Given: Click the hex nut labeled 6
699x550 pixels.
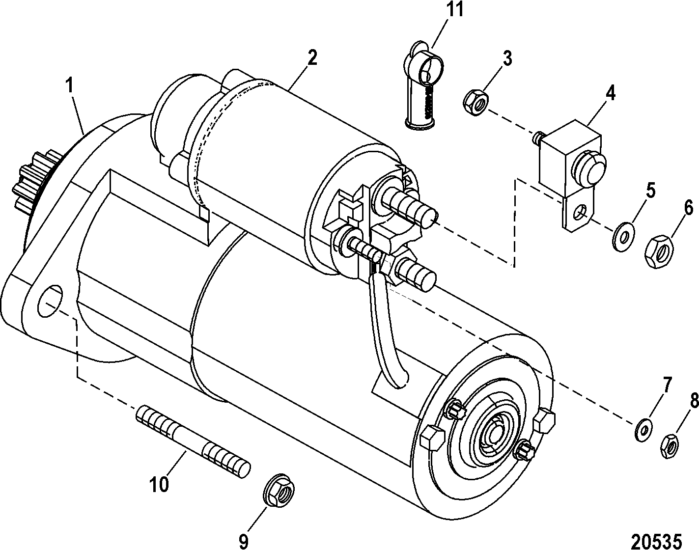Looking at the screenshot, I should pyautogui.click(x=659, y=252).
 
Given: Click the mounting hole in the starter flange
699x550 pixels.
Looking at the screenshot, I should pyautogui.click(x=51, y=300).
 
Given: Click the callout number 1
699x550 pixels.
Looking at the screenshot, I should pyautogui.click(x=71, y=85).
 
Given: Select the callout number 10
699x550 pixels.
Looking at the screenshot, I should pyautogui.click(x=159, y=484).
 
